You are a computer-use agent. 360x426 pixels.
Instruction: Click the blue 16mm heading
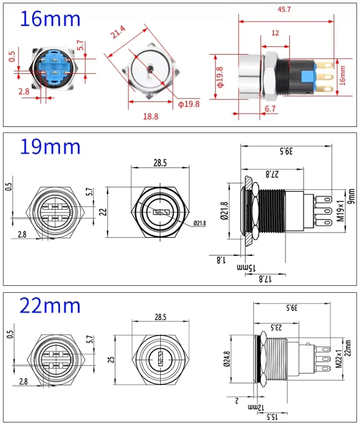50,19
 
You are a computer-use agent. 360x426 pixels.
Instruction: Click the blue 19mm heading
50,146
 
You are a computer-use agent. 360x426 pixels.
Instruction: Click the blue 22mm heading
50,305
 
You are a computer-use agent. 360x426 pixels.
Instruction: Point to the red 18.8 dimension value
150,117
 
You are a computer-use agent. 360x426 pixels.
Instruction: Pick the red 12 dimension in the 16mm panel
276,32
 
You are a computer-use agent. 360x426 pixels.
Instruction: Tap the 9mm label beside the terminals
350,197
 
